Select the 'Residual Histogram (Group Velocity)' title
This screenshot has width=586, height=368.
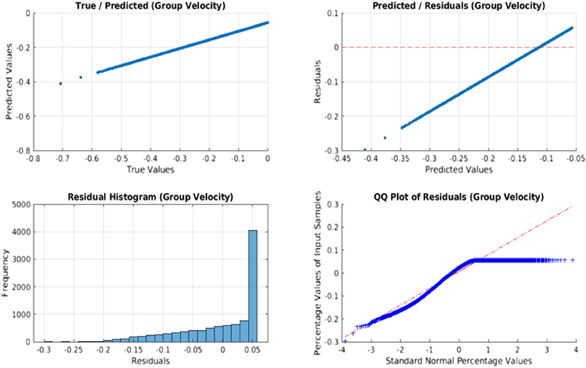click(151, 197)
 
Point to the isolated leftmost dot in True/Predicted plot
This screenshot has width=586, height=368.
click(61, 84)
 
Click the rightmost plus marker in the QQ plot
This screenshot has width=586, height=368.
click(572, 260)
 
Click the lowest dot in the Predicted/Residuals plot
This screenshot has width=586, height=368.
click(365, 150)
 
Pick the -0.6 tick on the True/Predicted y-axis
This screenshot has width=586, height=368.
click(20, 116)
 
